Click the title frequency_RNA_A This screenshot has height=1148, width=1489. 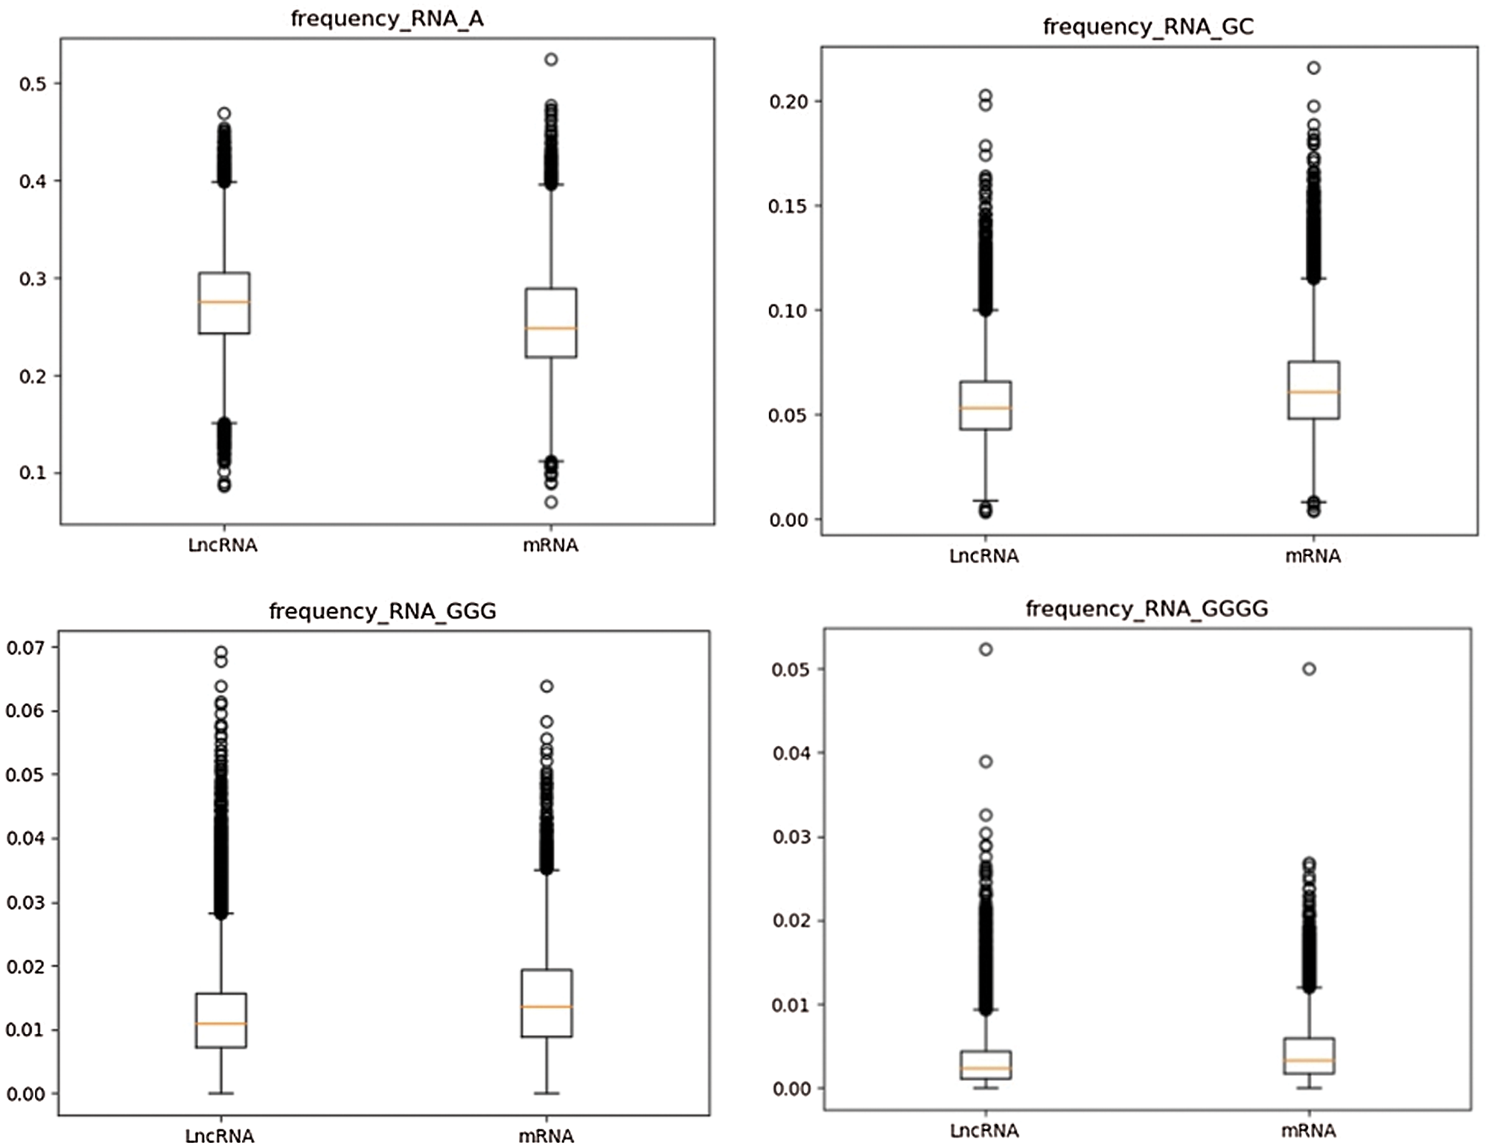(387, 19)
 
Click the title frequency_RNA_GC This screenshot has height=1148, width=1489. (1148, 27)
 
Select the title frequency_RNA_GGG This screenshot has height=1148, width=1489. (383, 611)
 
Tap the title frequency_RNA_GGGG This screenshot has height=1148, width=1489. (1147, 609)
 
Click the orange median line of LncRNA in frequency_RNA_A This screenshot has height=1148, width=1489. (224, 302)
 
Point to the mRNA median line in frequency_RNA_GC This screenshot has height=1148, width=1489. (1313, 392)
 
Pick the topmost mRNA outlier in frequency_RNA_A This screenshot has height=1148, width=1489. (551, 60)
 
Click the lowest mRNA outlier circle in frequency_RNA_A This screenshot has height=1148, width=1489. (551, 503)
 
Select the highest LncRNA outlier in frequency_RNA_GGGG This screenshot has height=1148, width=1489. (986, 649)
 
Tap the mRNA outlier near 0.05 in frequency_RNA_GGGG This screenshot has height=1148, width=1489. (1309, 669)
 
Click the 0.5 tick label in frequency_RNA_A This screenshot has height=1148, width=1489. (33, 84)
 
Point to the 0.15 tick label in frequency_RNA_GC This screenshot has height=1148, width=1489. (788, 206)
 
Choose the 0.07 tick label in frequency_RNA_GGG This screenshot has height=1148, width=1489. (25, 648)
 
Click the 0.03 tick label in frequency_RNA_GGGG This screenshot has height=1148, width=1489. (791, 837)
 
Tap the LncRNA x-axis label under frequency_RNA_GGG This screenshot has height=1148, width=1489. (220, 1136)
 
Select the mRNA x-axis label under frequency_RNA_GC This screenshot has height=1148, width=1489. (1313, 556)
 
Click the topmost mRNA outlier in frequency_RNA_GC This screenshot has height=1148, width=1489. (1314, 68)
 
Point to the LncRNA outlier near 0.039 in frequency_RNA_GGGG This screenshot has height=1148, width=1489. (986, 762)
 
